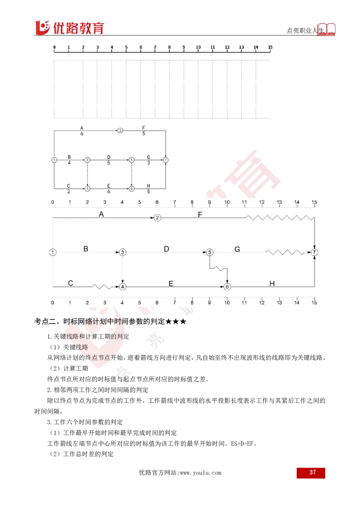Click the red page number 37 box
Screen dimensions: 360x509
click(310, 473)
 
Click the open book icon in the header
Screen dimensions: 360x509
click(326, 29)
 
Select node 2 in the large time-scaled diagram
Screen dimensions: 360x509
click(157, 218)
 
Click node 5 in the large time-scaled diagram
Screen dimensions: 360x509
click(210, 252)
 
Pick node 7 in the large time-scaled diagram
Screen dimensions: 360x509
click(314, 252)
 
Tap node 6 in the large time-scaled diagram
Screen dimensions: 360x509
click(227, 286)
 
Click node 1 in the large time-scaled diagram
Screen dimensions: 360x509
click(53, 252)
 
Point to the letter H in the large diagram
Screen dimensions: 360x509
click(272, 283)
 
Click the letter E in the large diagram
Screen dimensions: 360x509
click(171, 283)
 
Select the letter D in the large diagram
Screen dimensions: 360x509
click(166, 249)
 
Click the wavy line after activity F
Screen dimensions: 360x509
click(280, 218)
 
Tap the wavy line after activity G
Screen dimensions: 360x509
click(285, 252)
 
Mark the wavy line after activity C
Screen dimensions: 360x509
click(102, 286)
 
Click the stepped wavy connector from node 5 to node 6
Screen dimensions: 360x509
click(218, 269)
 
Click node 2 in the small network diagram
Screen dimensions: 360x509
click(120, 130)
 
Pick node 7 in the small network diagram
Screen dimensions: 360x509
click(166, 160)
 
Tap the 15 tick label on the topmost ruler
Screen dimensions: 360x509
click(270, 47)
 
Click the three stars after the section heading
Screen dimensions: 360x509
click(176, 321)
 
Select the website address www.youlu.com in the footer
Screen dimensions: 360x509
click(200, 473)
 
